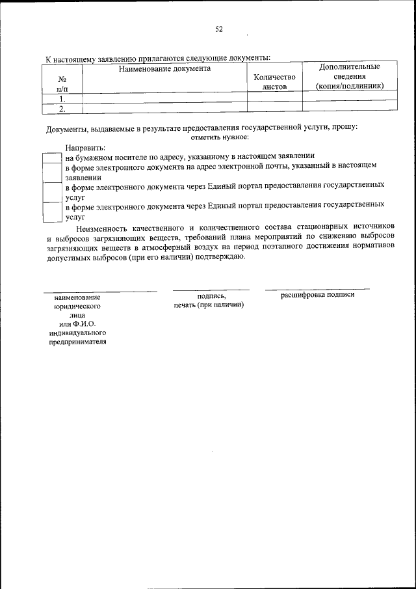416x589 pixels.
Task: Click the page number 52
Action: click(219, 29)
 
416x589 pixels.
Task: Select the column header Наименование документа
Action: click(164, 68)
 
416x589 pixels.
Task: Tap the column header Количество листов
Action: click(274, 81)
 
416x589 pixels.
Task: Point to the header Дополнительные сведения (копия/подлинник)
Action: click(349, 76)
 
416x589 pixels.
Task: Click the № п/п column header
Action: click(62, 83)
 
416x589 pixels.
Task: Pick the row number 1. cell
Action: click(62, 99)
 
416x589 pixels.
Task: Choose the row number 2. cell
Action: click(62, 109)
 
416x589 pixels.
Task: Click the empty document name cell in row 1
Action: click(164, 99)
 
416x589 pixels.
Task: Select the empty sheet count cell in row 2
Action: click(274, 109)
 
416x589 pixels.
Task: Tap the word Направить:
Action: click(84, 148)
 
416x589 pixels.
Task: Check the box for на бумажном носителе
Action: click(53, 157)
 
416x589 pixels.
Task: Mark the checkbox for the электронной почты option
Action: click(53, 172)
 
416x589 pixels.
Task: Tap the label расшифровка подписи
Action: click(317, 295)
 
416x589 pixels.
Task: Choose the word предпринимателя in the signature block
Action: click(77, 344)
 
